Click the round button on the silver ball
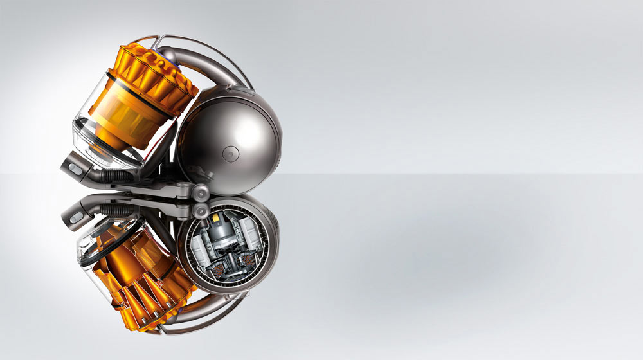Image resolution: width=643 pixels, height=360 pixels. click(x=230, y=153)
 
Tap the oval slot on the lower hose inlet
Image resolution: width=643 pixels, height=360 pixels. click(x=76, y=218)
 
